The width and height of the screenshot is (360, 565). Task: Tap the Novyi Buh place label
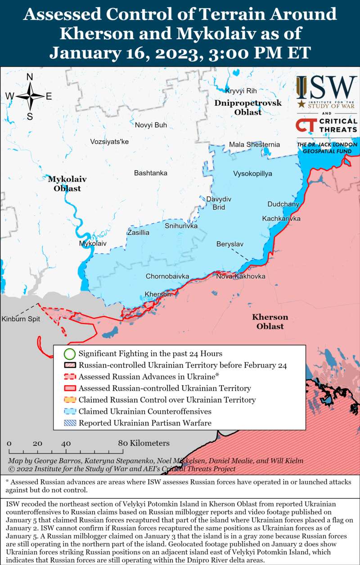click(151, 125)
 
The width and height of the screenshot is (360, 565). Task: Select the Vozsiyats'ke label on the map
click(109, 142)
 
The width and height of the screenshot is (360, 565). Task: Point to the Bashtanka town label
click(151, 173)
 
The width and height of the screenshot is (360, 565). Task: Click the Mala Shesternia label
click(254, 144)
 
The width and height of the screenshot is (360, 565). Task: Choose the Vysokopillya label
click(252, 174)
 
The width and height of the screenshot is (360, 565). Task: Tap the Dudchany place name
click(283, 204)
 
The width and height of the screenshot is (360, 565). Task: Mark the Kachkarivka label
click(281, 219)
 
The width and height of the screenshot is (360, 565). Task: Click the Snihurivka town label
click(181, 226)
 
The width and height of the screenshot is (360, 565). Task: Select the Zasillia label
click(138, 233)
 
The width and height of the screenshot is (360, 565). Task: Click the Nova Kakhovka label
click(240, 276)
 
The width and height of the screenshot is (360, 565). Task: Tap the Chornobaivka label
click(167, 276)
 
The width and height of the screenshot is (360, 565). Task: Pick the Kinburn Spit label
click(21, 319)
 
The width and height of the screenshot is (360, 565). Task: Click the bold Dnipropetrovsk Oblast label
click(248, 108)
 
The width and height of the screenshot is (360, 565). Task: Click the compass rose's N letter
click(30, 77)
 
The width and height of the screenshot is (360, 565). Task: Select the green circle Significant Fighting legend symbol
click(69, 354)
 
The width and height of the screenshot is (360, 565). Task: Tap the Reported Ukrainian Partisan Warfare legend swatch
click(69, 423)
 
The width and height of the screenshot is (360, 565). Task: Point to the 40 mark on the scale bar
click(66, 443)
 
